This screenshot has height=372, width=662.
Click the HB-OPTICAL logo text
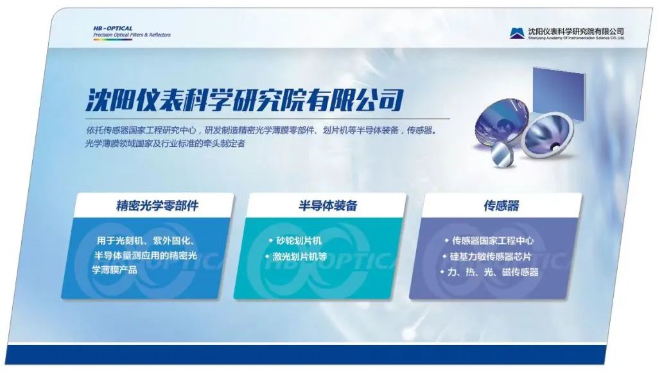(113, 29)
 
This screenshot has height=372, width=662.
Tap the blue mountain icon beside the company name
(517, 33)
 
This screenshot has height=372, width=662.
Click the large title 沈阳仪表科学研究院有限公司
(245, 100)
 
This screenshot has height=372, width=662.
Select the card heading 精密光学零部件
(157, 206)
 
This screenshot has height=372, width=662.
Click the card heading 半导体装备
(327, 206)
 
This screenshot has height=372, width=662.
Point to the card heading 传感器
(501, 206)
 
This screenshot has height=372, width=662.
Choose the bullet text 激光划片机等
(300, 257)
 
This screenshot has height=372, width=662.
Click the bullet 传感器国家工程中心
(492, 241)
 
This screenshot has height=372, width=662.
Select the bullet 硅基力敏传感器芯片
(491, 257)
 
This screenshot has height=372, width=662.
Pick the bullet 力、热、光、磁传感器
(492, 272)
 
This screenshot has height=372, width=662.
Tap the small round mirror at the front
(504, 153)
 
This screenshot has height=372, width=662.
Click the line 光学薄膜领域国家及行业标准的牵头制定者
(165, 144)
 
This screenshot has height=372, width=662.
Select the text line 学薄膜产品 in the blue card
(115, 270)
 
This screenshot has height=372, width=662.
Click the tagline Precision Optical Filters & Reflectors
(132, 35)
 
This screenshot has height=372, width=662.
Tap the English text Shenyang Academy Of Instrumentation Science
(576, 38)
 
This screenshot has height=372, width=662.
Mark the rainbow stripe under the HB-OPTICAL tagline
(113, 40)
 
